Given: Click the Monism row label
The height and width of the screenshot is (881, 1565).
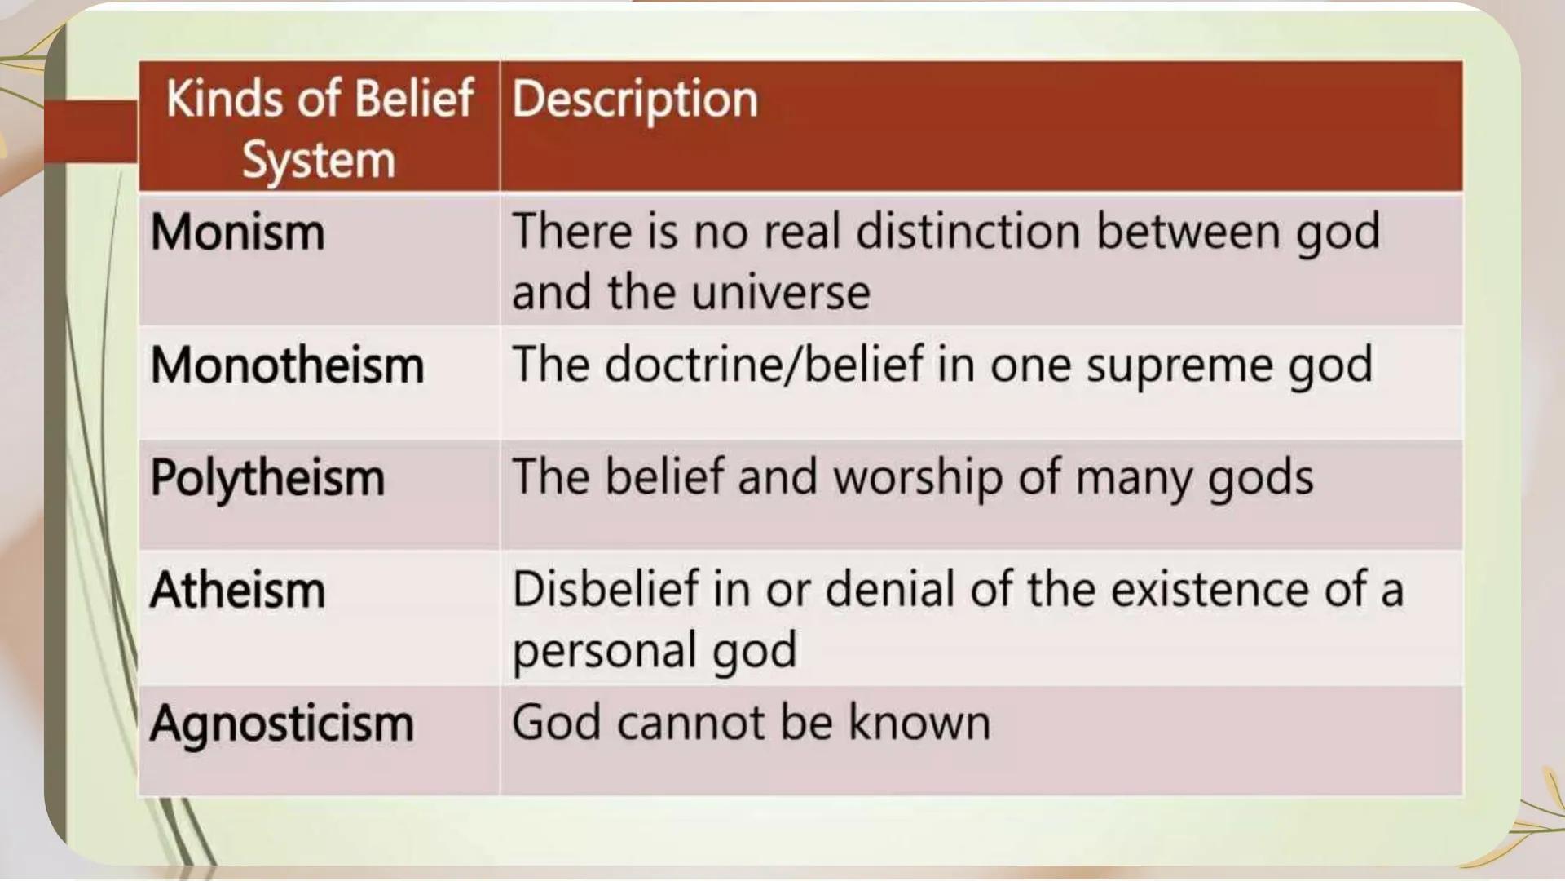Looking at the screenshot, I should pos(237,233).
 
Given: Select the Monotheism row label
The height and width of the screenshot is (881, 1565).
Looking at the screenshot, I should pos(287,365).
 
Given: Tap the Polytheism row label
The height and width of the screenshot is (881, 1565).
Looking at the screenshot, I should pos(267,479).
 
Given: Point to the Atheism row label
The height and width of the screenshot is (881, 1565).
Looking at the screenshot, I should pos(237,591).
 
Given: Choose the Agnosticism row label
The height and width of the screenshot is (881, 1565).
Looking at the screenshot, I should pos(281,724).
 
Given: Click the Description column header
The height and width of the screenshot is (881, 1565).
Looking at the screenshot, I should pos(635,100).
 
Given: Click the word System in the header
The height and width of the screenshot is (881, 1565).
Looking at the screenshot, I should pos(319,160).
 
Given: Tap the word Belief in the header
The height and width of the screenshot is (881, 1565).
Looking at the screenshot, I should pos(414,99).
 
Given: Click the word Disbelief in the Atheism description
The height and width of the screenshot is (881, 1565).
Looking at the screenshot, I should pos(606,589).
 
